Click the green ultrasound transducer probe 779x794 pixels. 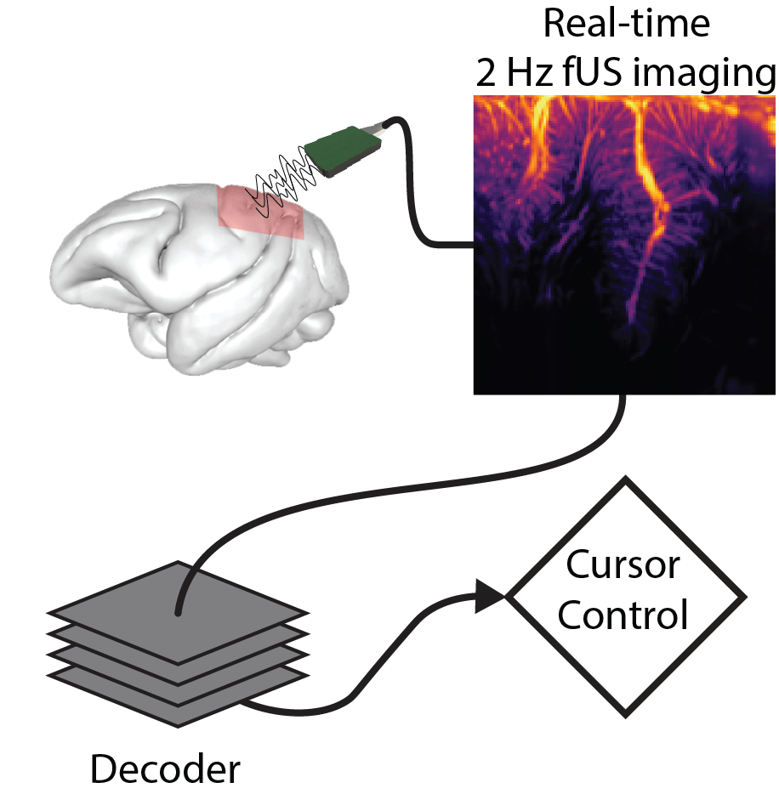(x=342, y=150)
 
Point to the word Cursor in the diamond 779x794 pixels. (x=624, y=566)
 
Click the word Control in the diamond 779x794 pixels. (x=624, y=615)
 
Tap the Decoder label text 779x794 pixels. (x=165, y=770)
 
